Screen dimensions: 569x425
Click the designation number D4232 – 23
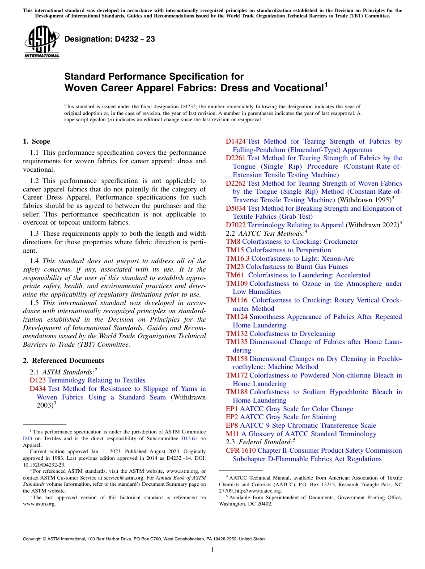110,39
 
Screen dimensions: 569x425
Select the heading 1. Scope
37,141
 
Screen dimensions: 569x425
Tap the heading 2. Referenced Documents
64,361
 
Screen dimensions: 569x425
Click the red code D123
38,380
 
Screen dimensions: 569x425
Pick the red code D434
38,389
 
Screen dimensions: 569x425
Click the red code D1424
236,141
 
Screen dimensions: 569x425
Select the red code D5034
236,208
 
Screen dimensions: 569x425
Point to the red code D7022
236,225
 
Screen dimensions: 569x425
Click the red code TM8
233,242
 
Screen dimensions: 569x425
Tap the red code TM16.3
238,259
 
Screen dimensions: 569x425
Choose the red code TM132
237,334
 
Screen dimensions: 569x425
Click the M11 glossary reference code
233,434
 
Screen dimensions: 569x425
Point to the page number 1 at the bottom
212,550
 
